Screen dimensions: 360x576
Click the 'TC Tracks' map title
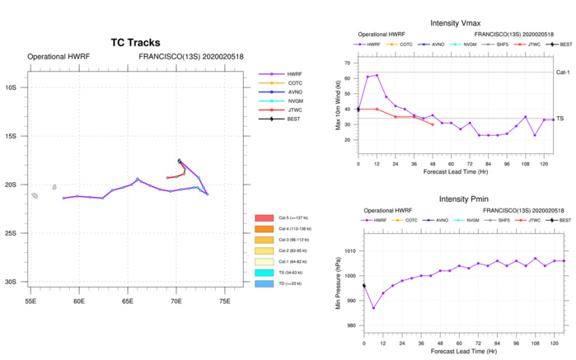click(x=136, y=43)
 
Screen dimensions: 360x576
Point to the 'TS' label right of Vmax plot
click(x=560, y=118)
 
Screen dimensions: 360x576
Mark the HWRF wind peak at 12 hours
click(x=377, y=75)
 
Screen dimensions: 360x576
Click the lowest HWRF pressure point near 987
click(x=373, y=308)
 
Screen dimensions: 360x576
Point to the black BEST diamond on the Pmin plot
click(x=363, y=286)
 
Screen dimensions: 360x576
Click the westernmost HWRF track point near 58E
click(x=63, y=198)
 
